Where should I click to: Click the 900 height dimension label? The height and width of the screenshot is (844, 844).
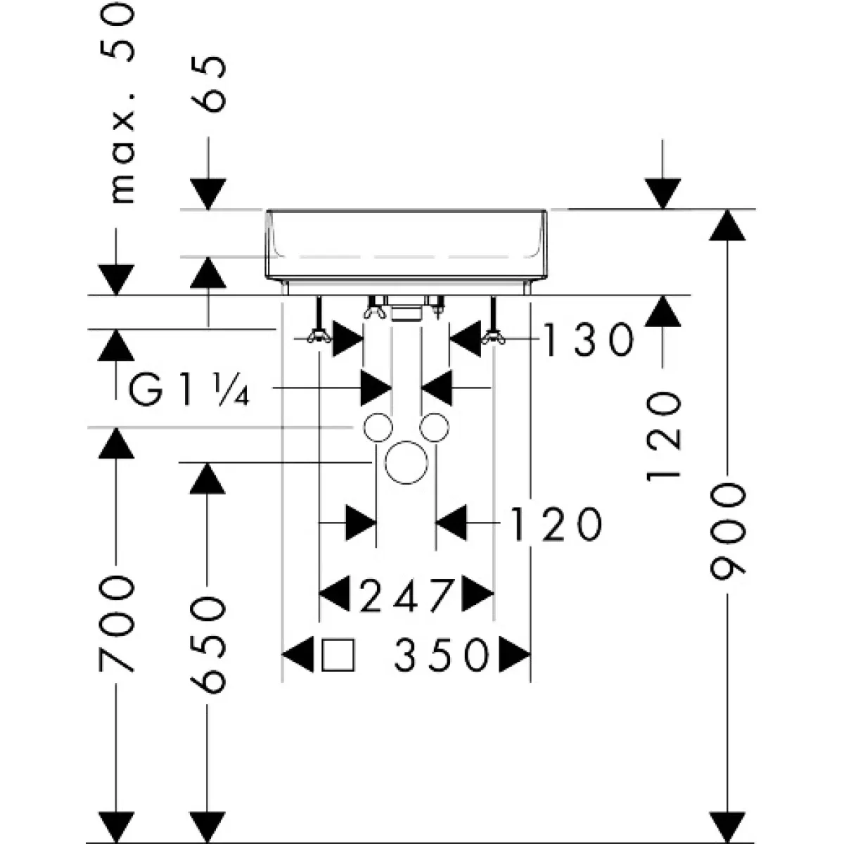pos(727,532)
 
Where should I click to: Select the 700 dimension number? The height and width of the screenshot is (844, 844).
pos(116,625)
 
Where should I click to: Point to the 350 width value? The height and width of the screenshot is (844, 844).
pos(441,656)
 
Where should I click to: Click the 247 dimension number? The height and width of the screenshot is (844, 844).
pos(406,596)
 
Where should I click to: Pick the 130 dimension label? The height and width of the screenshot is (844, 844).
pos(589,340)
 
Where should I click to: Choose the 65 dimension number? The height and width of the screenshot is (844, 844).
pos(208,84)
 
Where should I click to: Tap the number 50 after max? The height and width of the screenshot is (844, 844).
pos(117,33)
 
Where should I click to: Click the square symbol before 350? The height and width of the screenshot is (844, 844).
pos(338,656)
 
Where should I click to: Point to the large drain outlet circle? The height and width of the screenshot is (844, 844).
pos(406,463)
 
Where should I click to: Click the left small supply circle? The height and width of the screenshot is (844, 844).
pos(378,427)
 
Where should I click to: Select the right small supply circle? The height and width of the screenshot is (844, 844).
pos(435,427)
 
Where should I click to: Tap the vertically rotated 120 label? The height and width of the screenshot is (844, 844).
pos(663,436)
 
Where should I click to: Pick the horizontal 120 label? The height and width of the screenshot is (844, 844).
pos(556,524)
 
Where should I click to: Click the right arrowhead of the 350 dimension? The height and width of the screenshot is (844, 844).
pos(515,656)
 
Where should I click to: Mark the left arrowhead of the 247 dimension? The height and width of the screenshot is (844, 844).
pos(334,594)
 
